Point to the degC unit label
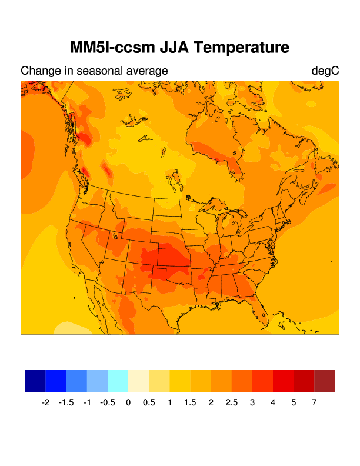[x=325, y=71]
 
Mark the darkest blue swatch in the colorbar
[x=35, y=381]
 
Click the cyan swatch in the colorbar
[x=118, y=381]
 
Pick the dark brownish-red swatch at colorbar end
[x=325, y=381]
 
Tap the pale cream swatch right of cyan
[x=138, y=381]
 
